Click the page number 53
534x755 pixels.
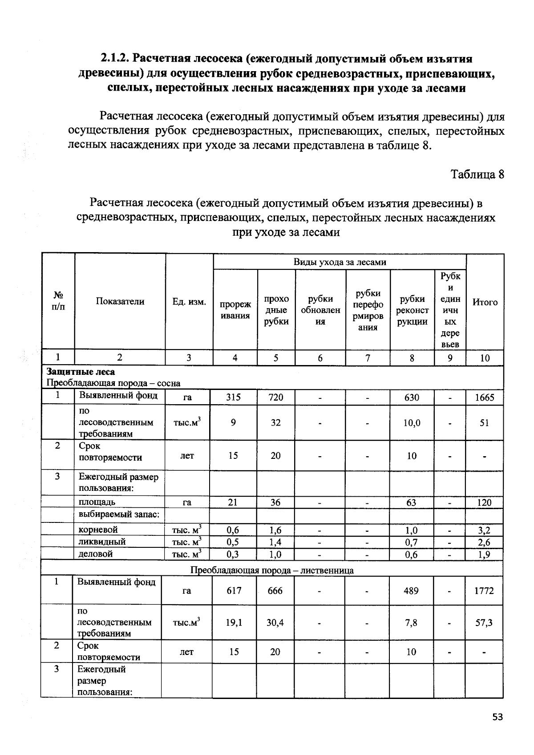click(x=498, y=717)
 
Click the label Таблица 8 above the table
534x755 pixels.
click(x=477, y=174)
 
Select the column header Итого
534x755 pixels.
click(x=485, y=302)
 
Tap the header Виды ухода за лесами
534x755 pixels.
click(x=340, y=262)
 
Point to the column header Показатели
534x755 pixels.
click(x=120, y=301)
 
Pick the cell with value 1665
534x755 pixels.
click(x=484, y=398)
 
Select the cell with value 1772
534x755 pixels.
click(x=484, y=590)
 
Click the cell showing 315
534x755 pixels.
click(x=233, y=397)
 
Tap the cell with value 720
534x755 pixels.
click(x=275, y=397)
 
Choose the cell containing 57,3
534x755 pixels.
click(x=484, y=622)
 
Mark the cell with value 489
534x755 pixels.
click(x=411, y=590)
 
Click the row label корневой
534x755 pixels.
click(x=98, y=530)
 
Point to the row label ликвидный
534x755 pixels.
click(x=102, y=542)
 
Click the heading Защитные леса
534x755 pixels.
click(x=81, y=372)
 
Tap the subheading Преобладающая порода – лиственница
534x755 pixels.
click(x=272, y=570)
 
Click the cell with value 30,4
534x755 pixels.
click(x=275, y=622)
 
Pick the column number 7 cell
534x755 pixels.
click(x=368, y=358)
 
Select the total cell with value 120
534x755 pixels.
click(x=484, y=502)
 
